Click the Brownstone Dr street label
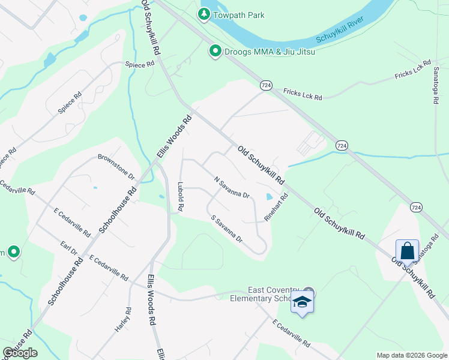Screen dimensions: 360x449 pos(116,166)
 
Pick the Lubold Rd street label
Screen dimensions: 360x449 pos(179,197)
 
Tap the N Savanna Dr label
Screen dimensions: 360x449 pos(232,187)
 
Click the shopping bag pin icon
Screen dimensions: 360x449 pos(407,251)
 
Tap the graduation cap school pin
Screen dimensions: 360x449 pos(303,302)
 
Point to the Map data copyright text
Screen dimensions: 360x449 pos(411,355)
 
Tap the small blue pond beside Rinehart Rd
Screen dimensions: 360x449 pos(268,197)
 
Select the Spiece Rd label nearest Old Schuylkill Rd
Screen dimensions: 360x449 pos(139,64)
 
